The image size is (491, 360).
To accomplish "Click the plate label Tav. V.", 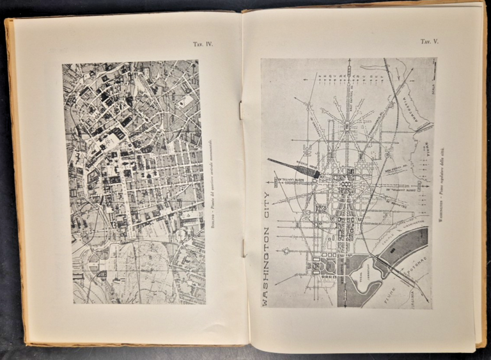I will click(428, 42).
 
